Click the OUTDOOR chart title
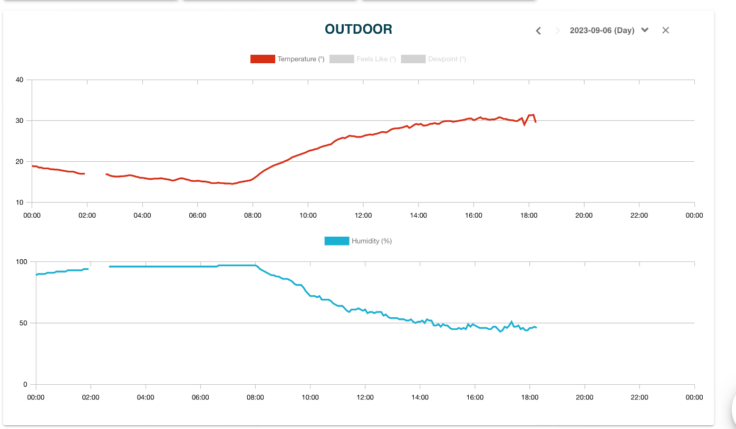click(x=359, y=30)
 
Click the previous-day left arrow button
click(x=538, y=31)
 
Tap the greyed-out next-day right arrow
click(x=557, y=31)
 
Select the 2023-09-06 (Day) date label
click(x=602, y=31)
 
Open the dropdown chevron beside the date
click(x=645, y=30)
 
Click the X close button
click(x=665, y=30)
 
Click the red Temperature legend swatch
click(x=263, y=59)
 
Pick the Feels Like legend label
click(x=376, y=59)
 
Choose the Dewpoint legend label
click(x=447, y=59)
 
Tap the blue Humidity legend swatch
click(x=336, y=241)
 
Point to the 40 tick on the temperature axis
click(x=20, y=80)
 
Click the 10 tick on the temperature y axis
click(x=20, y=202)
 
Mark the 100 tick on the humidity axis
click(x=22, y=262)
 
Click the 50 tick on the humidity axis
click(x=24, y=323)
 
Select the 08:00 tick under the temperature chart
click(x=253, y=215)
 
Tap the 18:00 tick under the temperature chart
click(x=529, y=215)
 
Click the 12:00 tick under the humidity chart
click(x=365, y=397)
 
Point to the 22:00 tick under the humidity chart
click(x=640, y=397)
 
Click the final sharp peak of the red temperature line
click(x=533, y=114)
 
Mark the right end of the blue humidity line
click(x=536, y=328)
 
